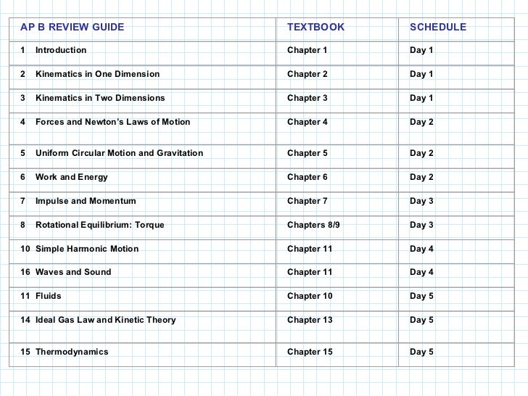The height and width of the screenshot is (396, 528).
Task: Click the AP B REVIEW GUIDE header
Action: (x=72, y=28)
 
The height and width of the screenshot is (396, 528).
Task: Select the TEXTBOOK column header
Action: (x=316, y=28)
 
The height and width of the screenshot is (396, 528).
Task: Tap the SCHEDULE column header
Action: (x=438, y=28)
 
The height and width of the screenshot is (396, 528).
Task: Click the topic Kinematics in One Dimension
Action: (x=97, y=75)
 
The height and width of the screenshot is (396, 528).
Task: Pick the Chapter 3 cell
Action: (x=308, y=98)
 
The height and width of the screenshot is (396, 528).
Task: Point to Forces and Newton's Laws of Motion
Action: (x=112, y=122)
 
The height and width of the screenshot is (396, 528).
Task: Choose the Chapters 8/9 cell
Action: (x=313, y=225)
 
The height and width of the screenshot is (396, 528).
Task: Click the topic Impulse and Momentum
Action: (x=85, y=201)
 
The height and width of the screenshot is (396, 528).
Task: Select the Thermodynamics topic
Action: (x=72, y=352)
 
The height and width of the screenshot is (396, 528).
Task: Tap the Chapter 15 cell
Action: (x=310, y=352)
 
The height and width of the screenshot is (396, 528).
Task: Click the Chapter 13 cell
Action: (x=310, y=320)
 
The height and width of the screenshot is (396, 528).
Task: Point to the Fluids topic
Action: (x=48, y=296)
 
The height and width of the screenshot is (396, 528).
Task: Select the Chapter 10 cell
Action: (x=310, y=296)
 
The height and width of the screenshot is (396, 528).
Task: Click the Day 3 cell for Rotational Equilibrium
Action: (x=421, y=225)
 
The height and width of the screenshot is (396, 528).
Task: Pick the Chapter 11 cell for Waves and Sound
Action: (x=310, y=272)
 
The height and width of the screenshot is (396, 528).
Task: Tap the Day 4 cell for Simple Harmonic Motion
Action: (x=421, y=249)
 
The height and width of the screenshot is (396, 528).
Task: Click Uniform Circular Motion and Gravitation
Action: (x=119, y=153)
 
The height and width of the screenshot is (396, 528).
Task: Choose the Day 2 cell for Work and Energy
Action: (x=421, y=177)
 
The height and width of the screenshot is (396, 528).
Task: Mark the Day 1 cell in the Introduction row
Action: (x=421, y=50)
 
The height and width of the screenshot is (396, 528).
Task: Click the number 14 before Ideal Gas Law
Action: (x=25, y=320)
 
